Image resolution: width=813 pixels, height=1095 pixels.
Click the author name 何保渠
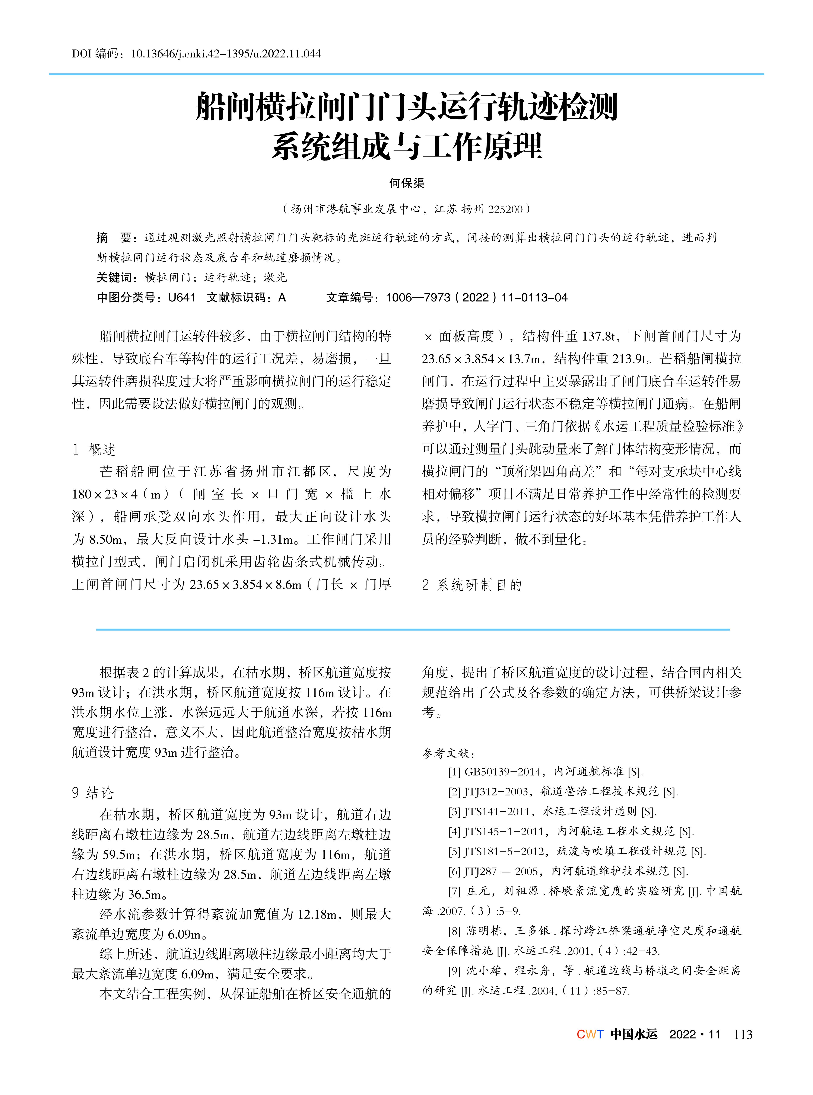[406, 183]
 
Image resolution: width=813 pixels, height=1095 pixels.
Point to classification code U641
[182, 298]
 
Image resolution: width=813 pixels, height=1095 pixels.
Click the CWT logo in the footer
[590, 1034]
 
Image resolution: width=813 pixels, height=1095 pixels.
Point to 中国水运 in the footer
[633, 1034]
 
